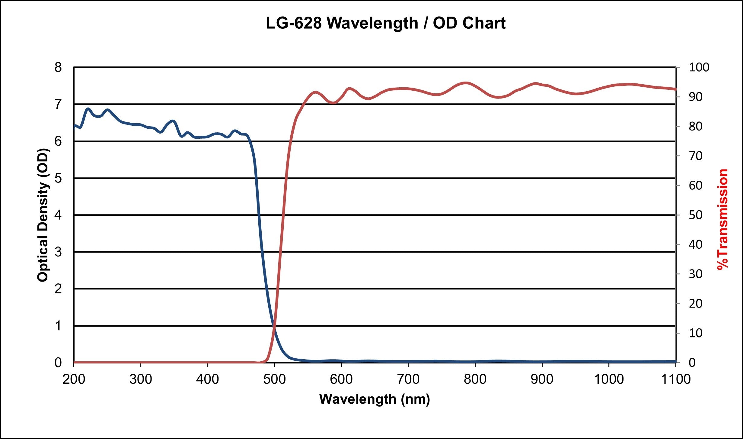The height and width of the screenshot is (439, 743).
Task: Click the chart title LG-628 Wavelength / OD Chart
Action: coord(385,23)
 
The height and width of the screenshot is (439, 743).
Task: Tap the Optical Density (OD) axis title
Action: coord(43,215)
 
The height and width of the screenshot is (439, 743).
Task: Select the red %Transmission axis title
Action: coord(723,219)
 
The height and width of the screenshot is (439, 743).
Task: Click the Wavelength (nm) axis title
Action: coord(374,399)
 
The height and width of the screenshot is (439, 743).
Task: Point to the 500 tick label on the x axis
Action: coord(274,379)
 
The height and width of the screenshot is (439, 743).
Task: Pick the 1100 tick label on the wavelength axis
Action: coord(676,379)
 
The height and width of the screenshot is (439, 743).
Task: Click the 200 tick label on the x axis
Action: coord(74,379)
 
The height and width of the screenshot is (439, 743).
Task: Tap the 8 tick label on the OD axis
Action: coord(58,67)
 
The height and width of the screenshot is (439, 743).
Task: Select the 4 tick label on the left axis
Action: coord(58,215)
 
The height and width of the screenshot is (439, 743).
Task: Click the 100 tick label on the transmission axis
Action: coord(699,67)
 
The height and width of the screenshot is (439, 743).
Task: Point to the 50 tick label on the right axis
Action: coord(696,215)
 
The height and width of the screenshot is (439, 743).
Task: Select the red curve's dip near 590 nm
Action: coord(333,103)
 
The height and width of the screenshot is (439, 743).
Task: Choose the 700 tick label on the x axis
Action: coord(408,379)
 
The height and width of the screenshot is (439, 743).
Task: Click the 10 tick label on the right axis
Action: coord(696,333)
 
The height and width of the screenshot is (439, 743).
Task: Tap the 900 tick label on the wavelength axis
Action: coord(542,379)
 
